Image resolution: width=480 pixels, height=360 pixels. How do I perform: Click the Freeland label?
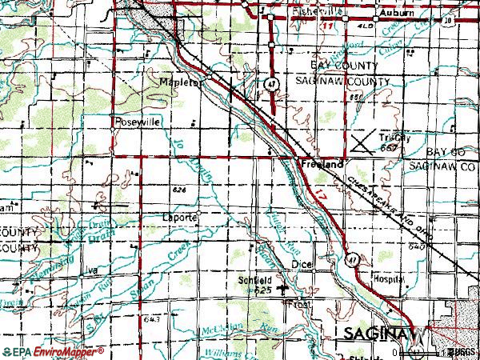(x=322, y=163)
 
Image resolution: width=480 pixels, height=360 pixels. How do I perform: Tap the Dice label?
(x=302, y=263)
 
